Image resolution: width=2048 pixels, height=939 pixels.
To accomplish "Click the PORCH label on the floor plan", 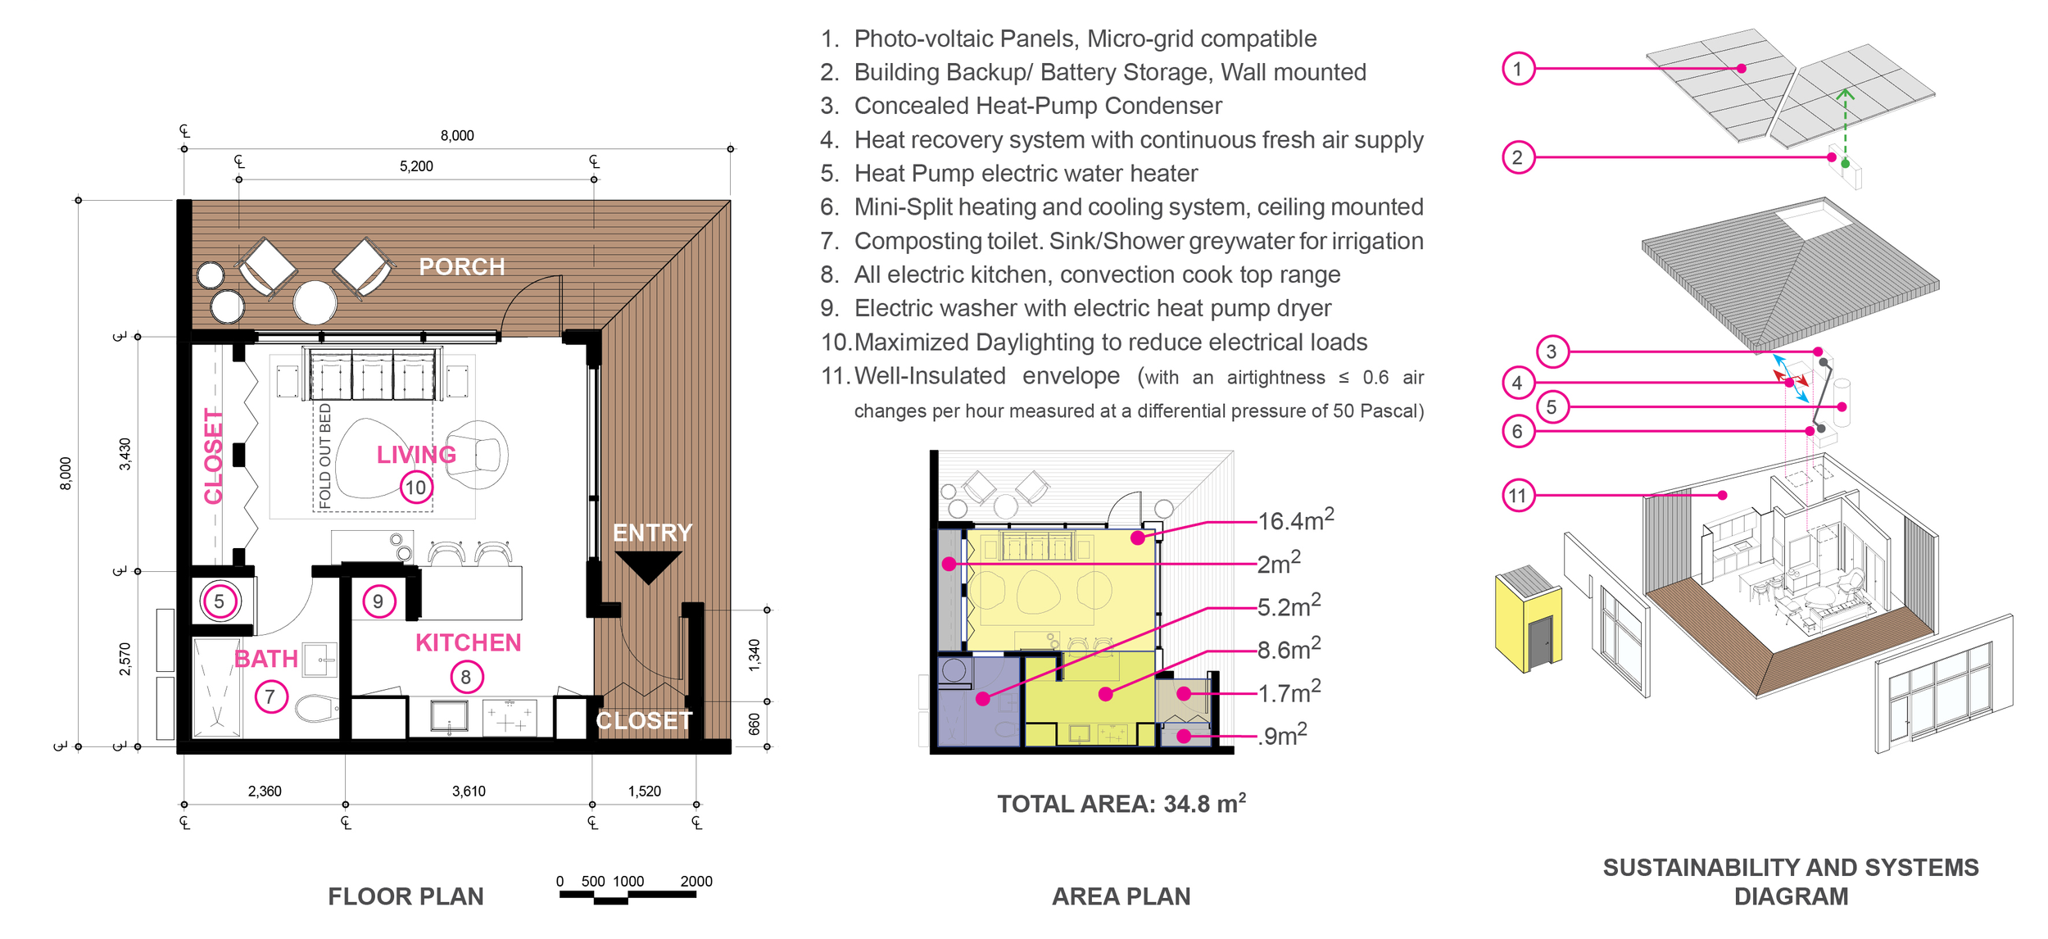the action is pos(461,267).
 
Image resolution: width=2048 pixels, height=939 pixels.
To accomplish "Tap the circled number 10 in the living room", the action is pos(416,488).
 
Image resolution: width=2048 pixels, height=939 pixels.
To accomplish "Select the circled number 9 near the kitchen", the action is pos(378,601).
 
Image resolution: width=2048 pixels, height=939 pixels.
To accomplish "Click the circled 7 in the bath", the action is pos(270,697).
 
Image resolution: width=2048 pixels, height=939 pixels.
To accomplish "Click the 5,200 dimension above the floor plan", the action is pos(416,166).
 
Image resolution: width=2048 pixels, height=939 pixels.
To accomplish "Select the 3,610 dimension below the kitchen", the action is pos(469,792).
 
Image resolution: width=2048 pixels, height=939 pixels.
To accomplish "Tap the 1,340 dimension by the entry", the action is pos(754,655).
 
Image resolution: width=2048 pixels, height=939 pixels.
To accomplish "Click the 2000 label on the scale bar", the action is pos(696,882).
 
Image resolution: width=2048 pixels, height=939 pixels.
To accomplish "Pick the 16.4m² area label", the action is pos(1295,520).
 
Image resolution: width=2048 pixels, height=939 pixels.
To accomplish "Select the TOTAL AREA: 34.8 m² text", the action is pos(1121,804).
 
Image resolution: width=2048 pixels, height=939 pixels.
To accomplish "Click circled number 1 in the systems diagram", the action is pos(1517,69).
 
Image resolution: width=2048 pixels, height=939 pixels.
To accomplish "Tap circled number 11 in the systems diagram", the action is pos(1518,496).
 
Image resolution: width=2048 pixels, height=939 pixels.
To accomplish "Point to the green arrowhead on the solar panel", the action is pos(1845,94).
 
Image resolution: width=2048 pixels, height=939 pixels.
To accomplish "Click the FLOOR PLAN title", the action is pos(406,896).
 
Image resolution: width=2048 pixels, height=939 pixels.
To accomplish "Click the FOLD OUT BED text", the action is pos(325,456).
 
